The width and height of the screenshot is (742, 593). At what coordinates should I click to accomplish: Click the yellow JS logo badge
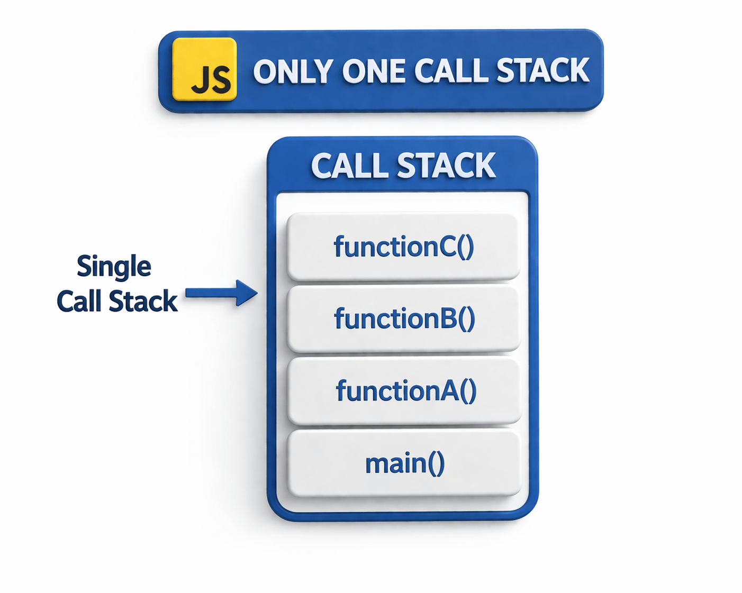point(204,69)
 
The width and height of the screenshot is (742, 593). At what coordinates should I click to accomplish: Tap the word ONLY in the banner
point(293,71)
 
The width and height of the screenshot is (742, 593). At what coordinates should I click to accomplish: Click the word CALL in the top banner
point(450,71)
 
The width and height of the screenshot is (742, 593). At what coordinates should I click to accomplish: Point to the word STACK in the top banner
point(543,71)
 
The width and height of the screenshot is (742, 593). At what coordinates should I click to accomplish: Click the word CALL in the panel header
point(350,166)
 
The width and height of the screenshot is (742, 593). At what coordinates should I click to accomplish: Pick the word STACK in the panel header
point(446,166)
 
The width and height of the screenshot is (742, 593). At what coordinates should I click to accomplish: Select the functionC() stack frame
point(403,247)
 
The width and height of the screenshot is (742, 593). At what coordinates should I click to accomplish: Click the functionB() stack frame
point(403,319)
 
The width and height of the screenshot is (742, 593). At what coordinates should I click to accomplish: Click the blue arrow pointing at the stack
point(222,293)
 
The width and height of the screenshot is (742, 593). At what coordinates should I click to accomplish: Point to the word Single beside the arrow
point(114,266)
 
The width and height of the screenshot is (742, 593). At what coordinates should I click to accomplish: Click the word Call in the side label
point(79,302)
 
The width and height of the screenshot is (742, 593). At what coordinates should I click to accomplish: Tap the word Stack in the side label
point(143,302)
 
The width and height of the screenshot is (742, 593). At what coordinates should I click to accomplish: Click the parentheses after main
point(437,463)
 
